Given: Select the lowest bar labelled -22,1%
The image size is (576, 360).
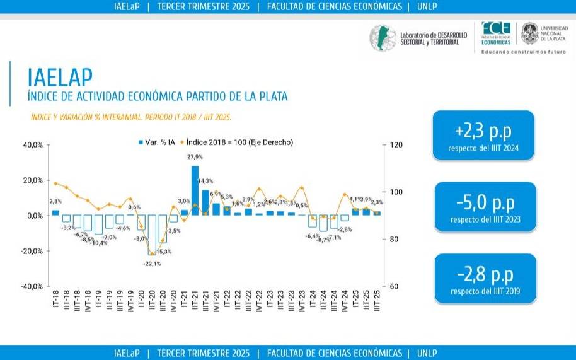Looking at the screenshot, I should [152, 235].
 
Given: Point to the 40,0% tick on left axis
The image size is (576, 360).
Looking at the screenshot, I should [33, 145].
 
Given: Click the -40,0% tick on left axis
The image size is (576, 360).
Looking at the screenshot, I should [32, 286].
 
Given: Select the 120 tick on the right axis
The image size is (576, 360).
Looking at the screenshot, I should [395, 145].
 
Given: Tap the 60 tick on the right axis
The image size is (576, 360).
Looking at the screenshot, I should [393, 286].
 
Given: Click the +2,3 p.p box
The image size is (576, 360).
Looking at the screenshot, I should [483, 135].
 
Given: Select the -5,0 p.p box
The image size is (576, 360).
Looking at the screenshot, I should [483, 206].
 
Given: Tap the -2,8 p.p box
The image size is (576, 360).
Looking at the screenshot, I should [483, 277].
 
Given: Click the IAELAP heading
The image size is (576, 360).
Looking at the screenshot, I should [60, 76].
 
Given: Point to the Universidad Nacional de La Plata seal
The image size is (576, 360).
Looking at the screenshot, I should [529, 34].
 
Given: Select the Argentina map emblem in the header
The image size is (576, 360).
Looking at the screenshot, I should [381, 38].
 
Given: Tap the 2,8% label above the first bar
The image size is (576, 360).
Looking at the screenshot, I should [55, 201].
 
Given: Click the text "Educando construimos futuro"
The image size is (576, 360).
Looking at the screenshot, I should [523, 52].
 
